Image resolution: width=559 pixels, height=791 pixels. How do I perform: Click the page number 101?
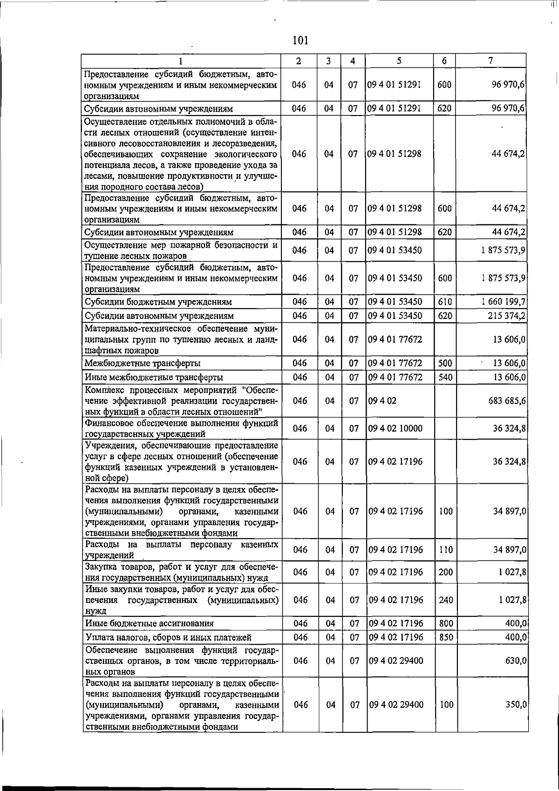pyautogui.click(x=301, y=41)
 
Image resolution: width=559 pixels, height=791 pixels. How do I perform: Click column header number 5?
pyautogui.click(x=400, y=61)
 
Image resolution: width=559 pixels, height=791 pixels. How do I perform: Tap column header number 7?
pyautogui.click(x=491, y=61)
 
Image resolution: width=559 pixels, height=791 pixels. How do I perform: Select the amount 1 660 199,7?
pyautogui.click(x=504, y=301)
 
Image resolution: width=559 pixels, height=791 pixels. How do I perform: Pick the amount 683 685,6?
pyautogui.click(x=507, y=400)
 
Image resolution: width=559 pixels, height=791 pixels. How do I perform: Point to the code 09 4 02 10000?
pyautogui.click(x=395, y=428)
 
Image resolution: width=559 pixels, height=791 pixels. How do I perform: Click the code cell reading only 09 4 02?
pyautogui.click(x=382, y=400)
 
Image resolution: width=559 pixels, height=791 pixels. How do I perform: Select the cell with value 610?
pyautogui.click(x=445, y=301)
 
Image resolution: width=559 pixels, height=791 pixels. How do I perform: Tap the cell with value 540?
pyautogui.click(x=445, y=377)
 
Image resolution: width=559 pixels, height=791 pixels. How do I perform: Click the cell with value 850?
pyautogui.click(x=446, y=637)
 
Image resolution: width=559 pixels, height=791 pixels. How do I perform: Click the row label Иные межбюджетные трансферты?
pyautogui.click(x=154, y=377)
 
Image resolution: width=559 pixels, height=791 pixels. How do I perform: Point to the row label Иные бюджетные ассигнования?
pyautogui.click(x=149, y=623)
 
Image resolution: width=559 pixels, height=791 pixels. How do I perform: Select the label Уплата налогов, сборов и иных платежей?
pyautogui.click(x=168, y=637)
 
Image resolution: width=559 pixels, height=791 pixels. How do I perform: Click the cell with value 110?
pyautogui.click(x=446, y=550)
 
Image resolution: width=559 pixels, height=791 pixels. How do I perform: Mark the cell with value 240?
pyautogui.click(x=446, y=600)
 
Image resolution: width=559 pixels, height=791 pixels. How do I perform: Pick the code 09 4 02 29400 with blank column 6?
pyautogui.click(x=396, y=661)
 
